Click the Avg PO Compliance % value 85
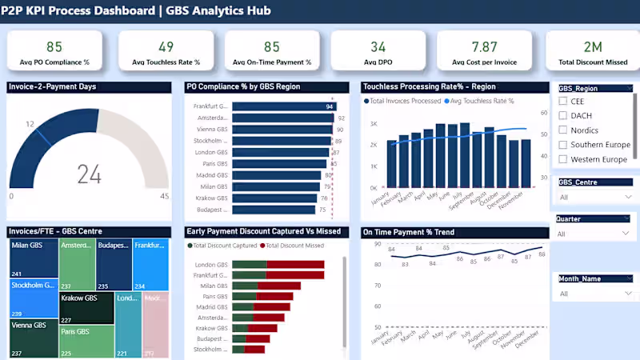[54, 46]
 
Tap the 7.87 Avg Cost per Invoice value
[484, 46]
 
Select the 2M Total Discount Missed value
[593, 46]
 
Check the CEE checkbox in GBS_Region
[563, 102]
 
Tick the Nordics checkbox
[563, 130]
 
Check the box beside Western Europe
[563, 159]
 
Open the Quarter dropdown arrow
[626, 234]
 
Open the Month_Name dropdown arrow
[626, 294]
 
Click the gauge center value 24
[89, 174]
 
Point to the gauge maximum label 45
[164, 196]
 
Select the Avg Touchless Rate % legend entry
[482, 102]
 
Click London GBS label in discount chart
[211, 265]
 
